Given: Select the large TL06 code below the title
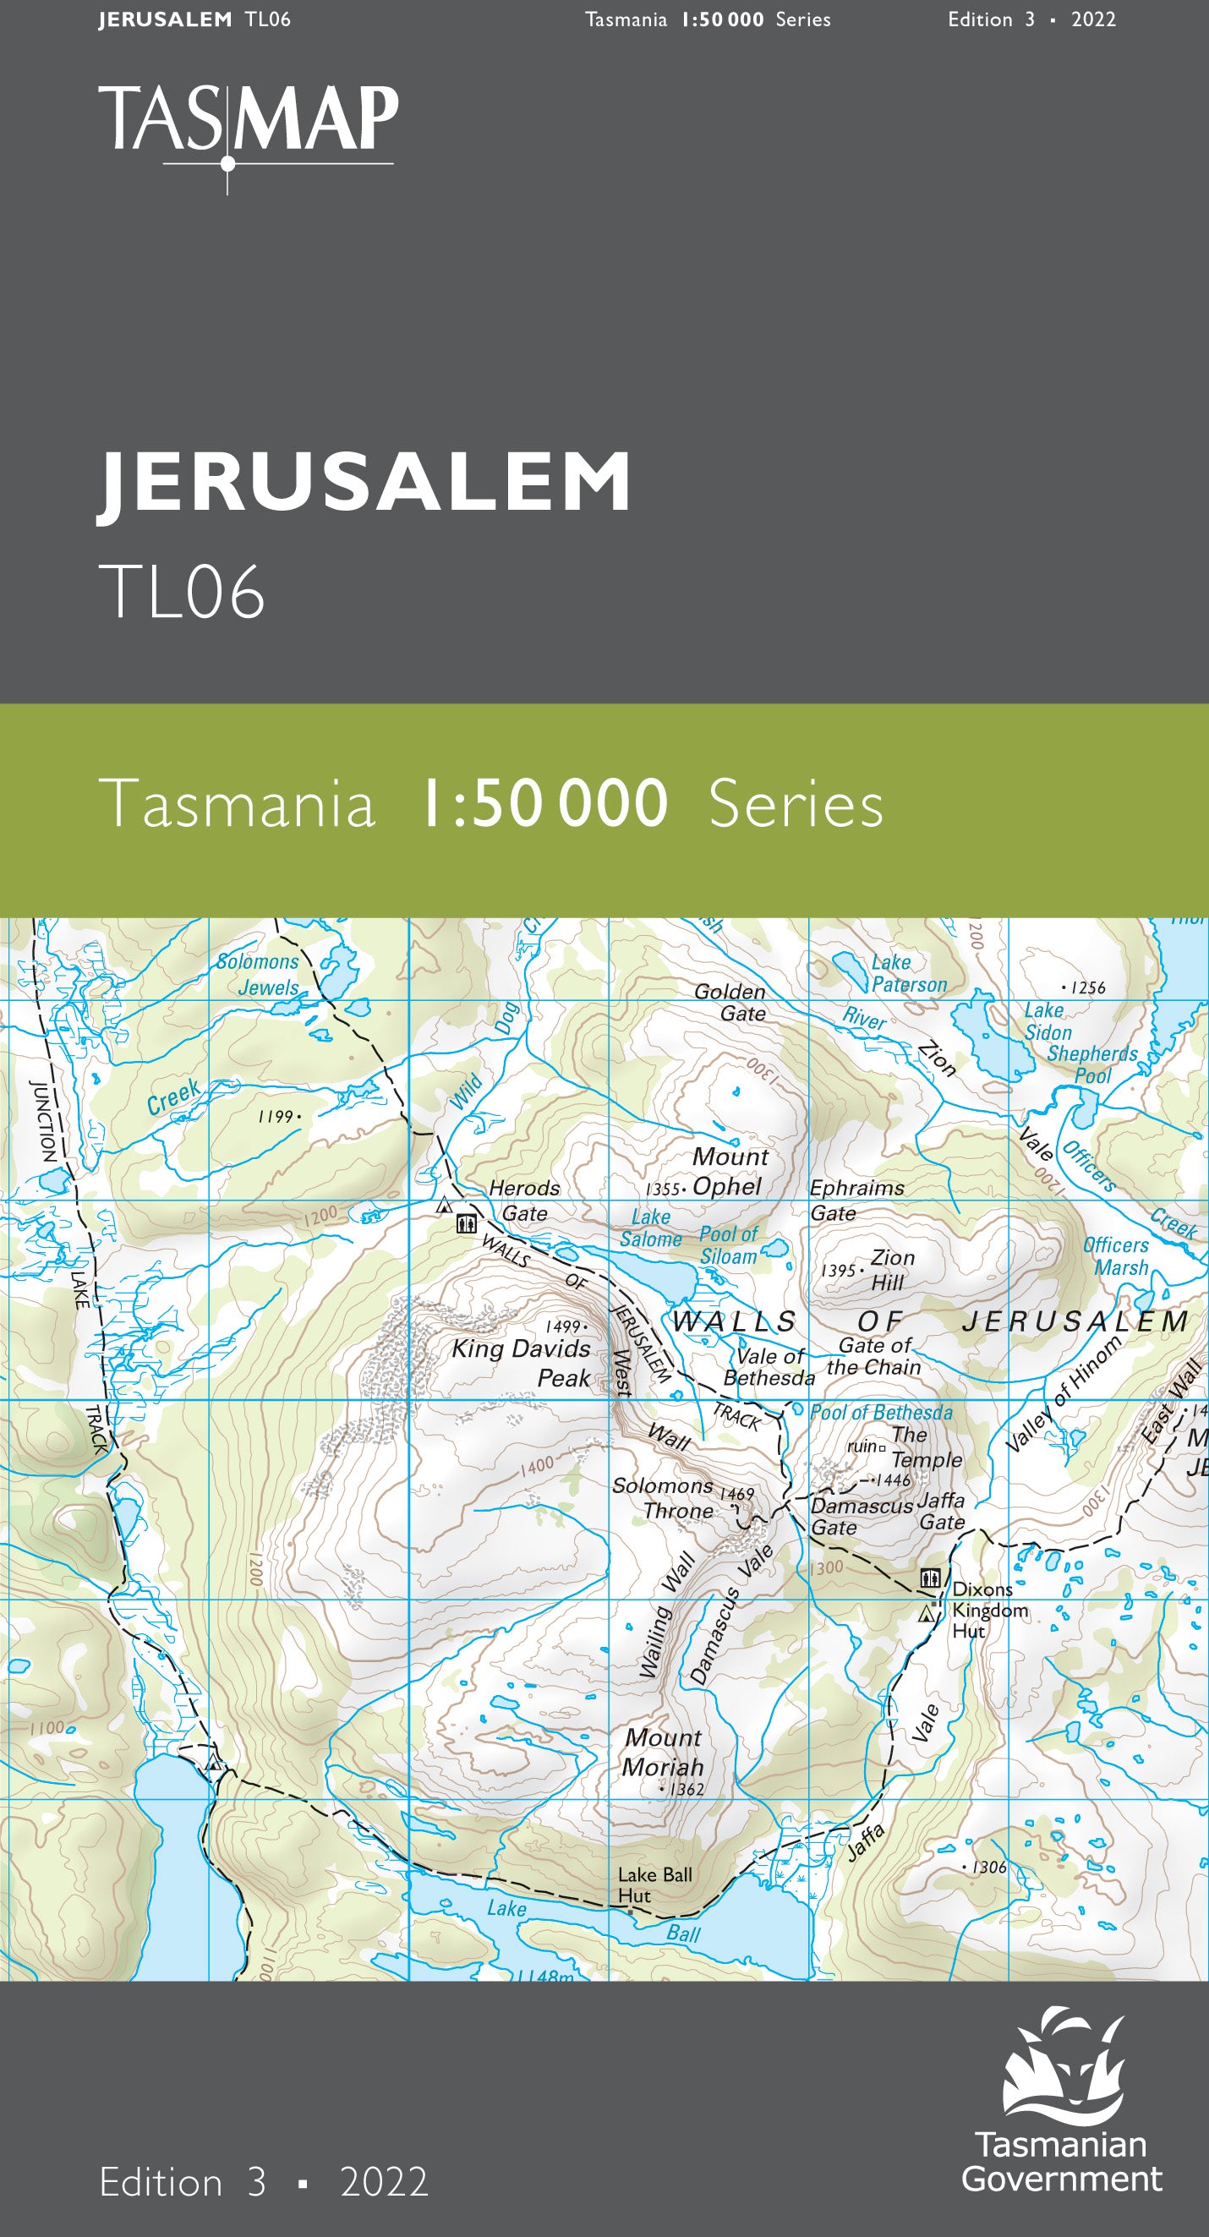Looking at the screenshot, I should [182, 592].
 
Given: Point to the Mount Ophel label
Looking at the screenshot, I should [729, 1172].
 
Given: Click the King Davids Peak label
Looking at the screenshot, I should [522, 1362].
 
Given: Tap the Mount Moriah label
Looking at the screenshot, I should [663, 1752].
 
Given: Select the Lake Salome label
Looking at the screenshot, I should [649, 1228].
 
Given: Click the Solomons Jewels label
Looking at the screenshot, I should [258, 974].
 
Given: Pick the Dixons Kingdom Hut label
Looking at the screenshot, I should [988, 1610].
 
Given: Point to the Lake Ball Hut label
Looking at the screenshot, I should [654, 1884].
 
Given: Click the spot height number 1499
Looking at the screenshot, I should [563, 1326].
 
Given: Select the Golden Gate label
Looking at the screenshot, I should [730, 1002].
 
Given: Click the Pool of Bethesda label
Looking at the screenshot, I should [881, 1413].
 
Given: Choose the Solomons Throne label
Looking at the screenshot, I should [663, 1498].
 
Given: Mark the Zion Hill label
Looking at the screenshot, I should [891, 1270].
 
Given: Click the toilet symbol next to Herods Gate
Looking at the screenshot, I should [467, 1223].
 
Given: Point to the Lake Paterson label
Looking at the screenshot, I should [908, 973].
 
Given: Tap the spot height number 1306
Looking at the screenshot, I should [989, 1867].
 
